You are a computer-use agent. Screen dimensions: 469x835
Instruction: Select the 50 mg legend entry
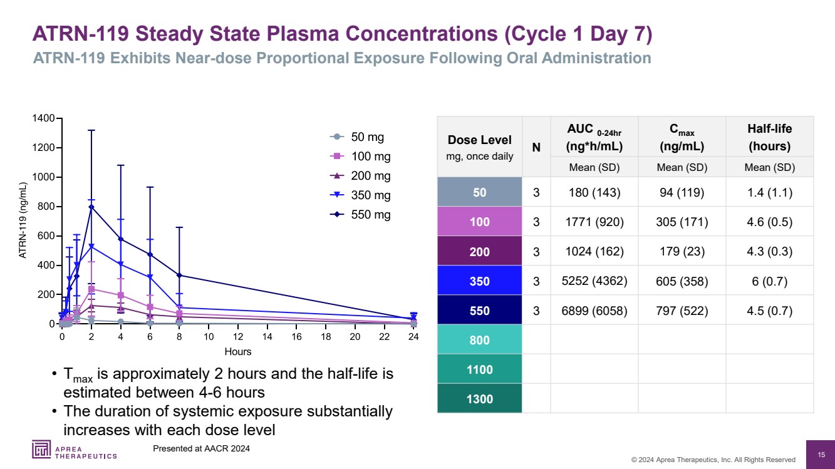tap(357, 137)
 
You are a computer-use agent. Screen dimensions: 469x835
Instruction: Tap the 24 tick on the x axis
tap(413, 337)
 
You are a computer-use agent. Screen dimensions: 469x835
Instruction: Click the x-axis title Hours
tap(237, 351)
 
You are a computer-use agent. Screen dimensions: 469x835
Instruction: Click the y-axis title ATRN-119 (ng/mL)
tap(23, 220)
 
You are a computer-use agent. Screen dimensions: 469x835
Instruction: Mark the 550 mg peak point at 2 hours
tap(91, 207)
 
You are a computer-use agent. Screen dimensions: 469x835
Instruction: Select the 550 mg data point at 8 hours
tap(179, 275)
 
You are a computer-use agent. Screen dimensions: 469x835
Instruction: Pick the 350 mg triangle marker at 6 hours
tap(150, 277)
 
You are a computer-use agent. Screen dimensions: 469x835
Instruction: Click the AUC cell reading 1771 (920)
tap(594, 222)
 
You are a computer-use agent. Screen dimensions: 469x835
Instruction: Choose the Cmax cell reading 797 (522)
tap(682, 311)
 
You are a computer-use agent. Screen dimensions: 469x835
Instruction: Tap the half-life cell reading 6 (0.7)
tap(769, 281)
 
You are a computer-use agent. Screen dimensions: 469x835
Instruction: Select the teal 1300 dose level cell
tap(479, 399)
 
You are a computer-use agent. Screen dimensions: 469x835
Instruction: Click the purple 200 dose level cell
tap(479, 252)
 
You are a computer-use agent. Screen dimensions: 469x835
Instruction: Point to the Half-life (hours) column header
tap(769, 137)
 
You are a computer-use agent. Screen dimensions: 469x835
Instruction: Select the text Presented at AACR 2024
tap(201, 448)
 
